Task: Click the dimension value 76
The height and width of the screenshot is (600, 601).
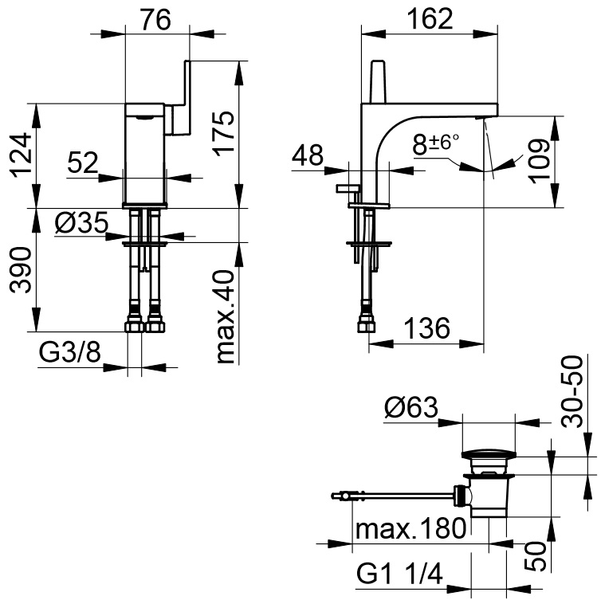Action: [156, 19]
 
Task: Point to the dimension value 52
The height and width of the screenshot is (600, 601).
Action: [82, 163]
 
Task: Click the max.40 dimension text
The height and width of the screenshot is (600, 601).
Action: [226, 316]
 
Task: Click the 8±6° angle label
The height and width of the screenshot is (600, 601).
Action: [436, 144]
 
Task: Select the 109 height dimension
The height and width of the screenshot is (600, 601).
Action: [539, 163]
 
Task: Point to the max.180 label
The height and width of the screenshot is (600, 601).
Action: [410, 528]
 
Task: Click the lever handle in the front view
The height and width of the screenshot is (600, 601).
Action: [182, 96]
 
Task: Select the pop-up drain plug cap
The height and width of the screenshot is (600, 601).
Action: [489, 457]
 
